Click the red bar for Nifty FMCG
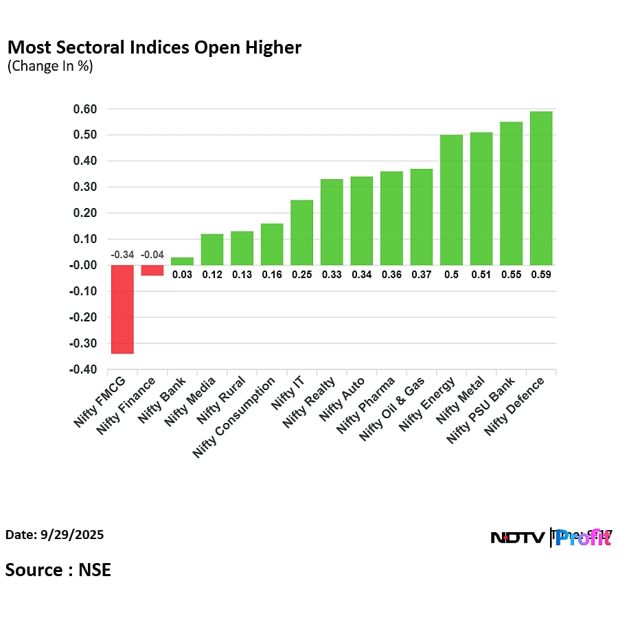[x=122, y=309]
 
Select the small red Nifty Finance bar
[x=152, y=270]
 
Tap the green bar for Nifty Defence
[x=541, y=188]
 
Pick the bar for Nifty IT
[x=302, y=232]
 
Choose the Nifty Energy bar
[x=451, y=200]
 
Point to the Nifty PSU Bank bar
[x=511, y=194]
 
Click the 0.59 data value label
[x=541, y=274]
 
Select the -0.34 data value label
[x=122, y=255]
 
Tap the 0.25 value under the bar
[x=302, y=274]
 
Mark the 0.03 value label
[x=182, y=274]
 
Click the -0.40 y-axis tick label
[x=82, y=370]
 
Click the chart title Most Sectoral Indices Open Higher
[x=154, y=48]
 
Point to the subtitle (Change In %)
[x=49, y=67]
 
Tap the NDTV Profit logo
[x=551, y=538]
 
